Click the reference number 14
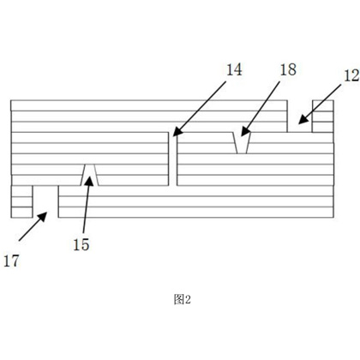234,70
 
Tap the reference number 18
288,70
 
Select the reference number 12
352,76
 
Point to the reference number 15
81,245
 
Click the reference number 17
11,261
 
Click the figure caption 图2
182,299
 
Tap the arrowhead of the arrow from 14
177,131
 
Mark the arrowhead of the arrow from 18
245,131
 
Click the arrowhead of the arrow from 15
89,181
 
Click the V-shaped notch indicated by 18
242,143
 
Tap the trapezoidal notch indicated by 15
90,175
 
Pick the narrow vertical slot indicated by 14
172,159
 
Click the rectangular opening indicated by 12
300,117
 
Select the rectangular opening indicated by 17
45,201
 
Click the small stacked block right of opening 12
323,117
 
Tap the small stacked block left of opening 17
21,201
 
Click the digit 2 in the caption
188,300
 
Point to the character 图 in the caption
179,299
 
